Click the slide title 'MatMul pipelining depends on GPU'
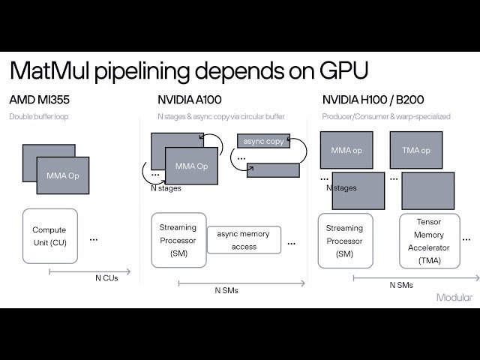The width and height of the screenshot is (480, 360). pyautogui.click(x=189, y=73)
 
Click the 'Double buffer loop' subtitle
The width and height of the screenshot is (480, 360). pyautogui.click(x=43, y=117)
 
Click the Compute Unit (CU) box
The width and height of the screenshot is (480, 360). pyautogui.click(x=49, y=235)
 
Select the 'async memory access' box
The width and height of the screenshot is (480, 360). pyautogui.click(x=244, y=240)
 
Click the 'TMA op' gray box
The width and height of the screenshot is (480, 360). pyautogui.click(x=415, y=150)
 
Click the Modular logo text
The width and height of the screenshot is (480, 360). pyautogui.click(x=454, y=298)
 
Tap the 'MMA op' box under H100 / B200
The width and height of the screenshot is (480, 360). pyautogui.click(x=346, y=150)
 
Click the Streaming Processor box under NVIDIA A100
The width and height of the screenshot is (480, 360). pyautogui.click(x=178, y=240)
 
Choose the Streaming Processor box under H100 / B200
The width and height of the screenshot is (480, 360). pyautogui.click(x=344, y=240)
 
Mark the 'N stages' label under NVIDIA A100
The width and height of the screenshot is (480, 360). pyautogui.click(x=165, y=188)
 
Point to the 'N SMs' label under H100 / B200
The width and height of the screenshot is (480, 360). pyautogui.click(x=401, y=285)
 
